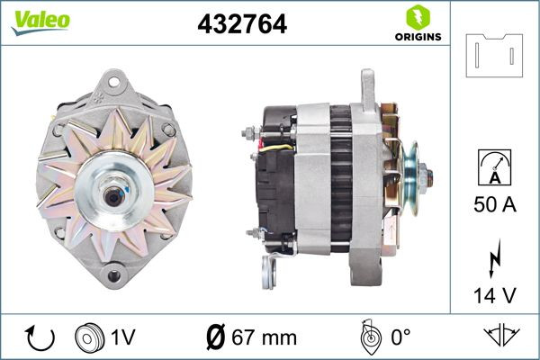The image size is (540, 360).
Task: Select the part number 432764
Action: (x=241, y=24)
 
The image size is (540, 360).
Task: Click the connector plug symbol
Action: (x=495, y=56)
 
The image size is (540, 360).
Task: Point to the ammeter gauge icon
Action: (x=494, y=170)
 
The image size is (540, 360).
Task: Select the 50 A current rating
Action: (x=494, y=205)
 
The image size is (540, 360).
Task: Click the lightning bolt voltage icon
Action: (x=494, y=256)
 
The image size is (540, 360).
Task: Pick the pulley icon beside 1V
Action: (x=89, y=337)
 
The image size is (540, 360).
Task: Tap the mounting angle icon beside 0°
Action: (x=367, y=337)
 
